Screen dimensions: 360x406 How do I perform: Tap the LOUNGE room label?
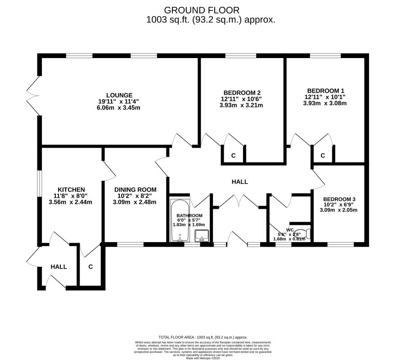point(119,95)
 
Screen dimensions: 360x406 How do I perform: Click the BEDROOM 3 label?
point(339,199)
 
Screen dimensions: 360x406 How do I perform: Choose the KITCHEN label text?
point(71,189)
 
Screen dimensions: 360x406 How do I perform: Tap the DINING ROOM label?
point(135,189)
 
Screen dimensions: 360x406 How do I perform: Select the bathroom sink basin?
point(201,234)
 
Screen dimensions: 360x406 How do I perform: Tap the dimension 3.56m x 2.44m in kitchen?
point(71,202)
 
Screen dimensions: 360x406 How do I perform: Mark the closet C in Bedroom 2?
point(233,156)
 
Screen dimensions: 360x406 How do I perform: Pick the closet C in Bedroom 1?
point(323,156)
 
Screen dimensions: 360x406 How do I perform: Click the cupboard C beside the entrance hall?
point(90,267)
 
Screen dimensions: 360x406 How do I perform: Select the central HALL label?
point(239,181)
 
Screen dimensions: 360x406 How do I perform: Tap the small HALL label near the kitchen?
point(59,267)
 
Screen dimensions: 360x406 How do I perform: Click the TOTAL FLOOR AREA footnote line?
point(203,337)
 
